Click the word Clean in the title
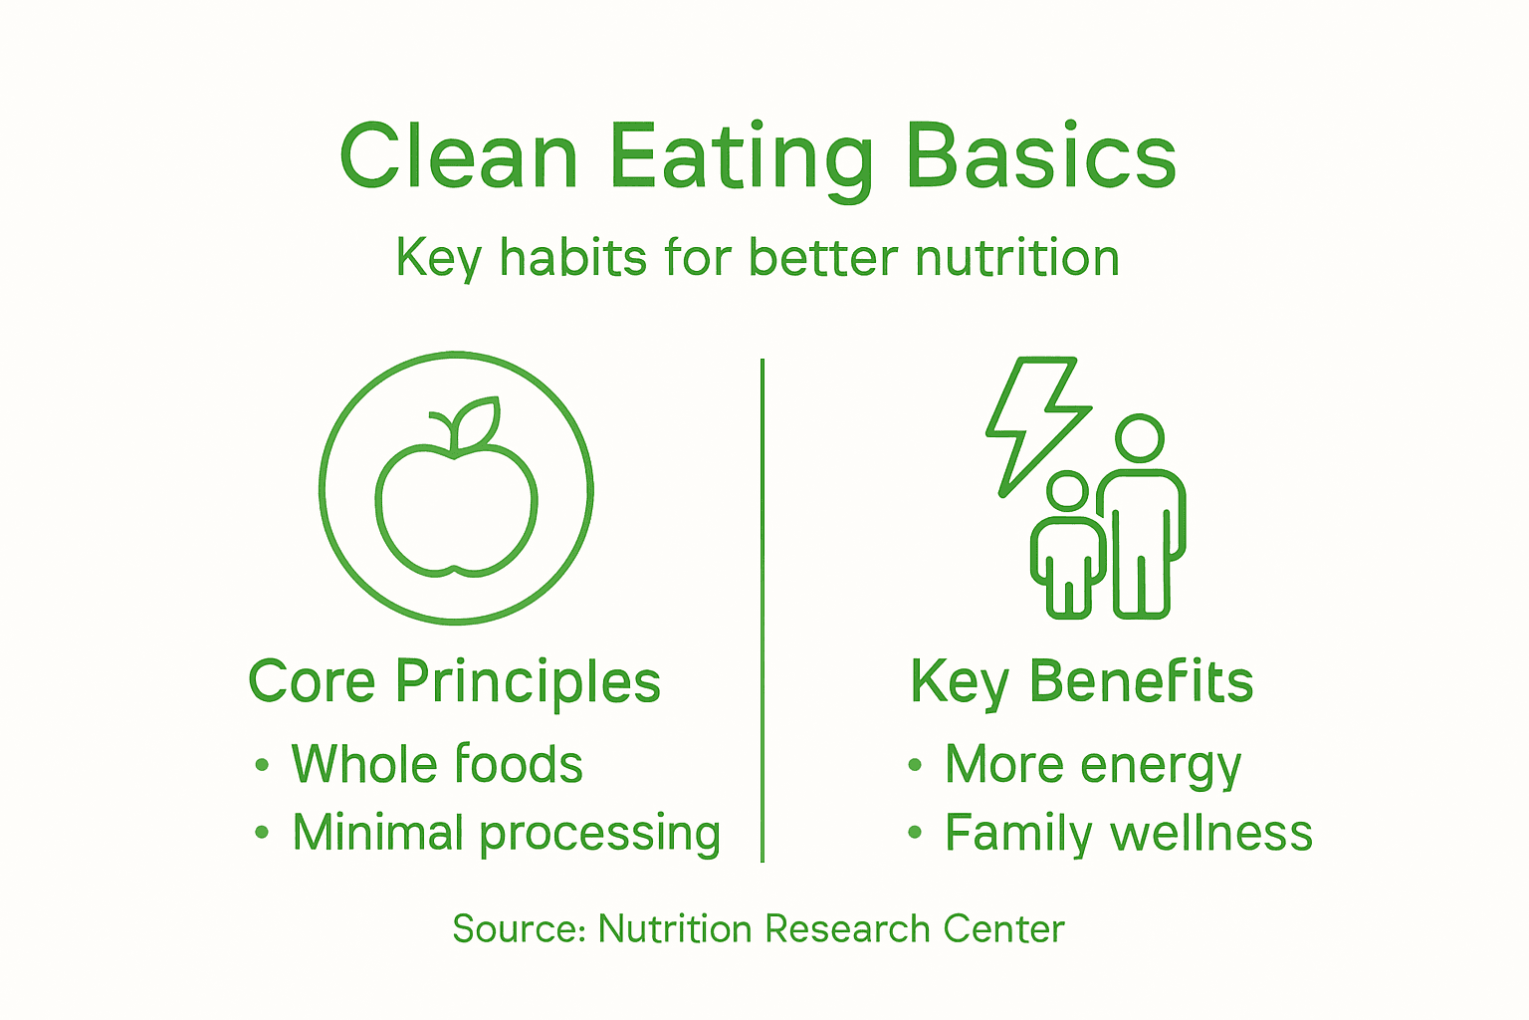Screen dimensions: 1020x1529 (x=458, y=157)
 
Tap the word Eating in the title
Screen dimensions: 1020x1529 (x=741, y=157)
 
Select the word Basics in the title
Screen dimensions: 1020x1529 (x=1041, y=157)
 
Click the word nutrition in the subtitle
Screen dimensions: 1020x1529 (x=1016, y=258)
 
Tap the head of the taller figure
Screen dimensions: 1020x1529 (x=1139, y=439)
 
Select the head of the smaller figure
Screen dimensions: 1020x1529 (x=1068, y=492)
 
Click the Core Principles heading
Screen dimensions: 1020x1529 (x=454, y=682)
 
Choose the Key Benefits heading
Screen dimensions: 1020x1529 (x=1081, y=682)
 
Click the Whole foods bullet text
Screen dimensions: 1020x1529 (x=436, y=765)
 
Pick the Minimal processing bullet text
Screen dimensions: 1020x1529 (x=506, y=834)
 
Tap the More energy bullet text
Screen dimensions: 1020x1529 (x=1092, y=765)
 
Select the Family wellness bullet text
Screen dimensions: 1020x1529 (x=1128, y=834)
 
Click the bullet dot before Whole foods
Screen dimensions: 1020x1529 (x=262, y=766)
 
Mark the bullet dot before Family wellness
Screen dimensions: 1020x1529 (x=915, y=834)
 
